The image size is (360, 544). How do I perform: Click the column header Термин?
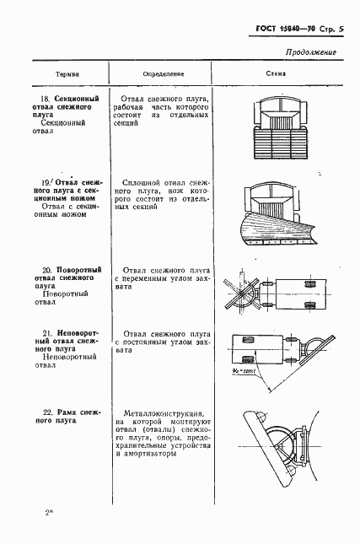click(x=67, y=73)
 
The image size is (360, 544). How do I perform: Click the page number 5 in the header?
click(x=331, y=30)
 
